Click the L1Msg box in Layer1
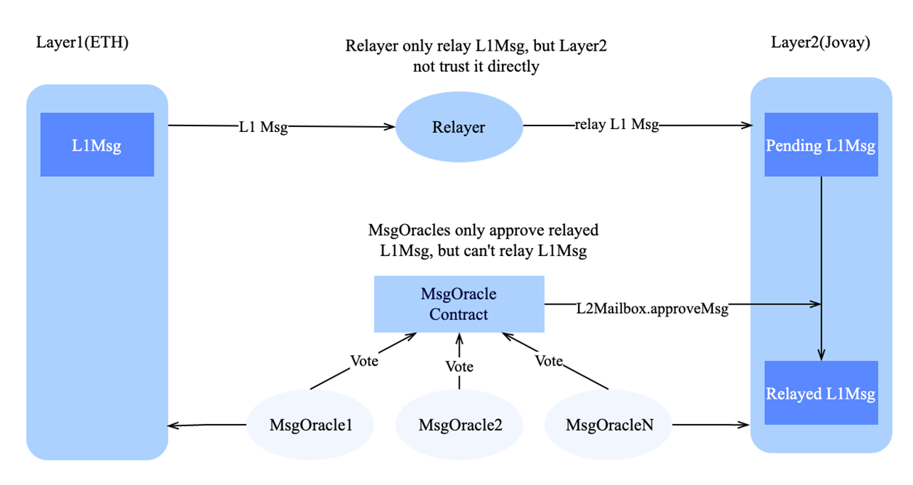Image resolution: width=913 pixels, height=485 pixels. coord(96,145)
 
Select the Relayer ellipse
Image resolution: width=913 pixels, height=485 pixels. coord(458,128)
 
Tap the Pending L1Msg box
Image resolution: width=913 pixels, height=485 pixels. coord(821,145)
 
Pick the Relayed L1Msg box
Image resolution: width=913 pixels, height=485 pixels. coord(821,394)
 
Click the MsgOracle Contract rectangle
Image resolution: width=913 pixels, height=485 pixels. coord(458,304)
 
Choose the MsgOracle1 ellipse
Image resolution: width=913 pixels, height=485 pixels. coord(311,425)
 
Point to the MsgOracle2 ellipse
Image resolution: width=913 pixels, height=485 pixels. coord(460,425)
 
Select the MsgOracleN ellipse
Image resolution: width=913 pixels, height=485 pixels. coord(609,425)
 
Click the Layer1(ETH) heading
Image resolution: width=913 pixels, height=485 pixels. coord(82,43)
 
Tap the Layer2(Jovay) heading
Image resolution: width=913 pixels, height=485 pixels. coord(820,43)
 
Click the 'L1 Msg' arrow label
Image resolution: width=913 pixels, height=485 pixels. coord(263,127)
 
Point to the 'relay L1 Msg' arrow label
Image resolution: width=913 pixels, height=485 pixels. coord(616,125)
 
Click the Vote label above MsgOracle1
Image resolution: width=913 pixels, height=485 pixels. coord(364,360)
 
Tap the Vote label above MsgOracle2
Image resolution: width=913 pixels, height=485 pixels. coord(459,367)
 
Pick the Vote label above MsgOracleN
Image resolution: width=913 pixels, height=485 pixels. coord(549,360)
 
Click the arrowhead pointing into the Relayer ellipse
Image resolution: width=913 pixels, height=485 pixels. coord(391,127)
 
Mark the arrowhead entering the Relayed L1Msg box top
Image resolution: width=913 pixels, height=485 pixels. coord(821,355)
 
